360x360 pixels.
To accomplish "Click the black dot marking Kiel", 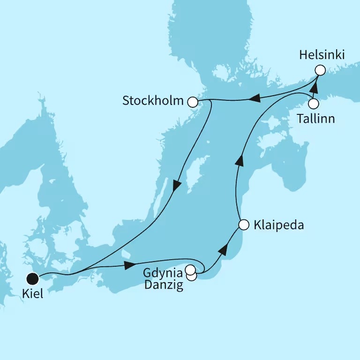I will [32, 279].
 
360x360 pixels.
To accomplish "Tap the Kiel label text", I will [32, 296].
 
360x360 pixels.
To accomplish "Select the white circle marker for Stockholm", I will [192, 102].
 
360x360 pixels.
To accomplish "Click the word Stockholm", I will [153, 101].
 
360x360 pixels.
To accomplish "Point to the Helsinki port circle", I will [320, 70].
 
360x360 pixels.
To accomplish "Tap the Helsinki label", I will [322, 55].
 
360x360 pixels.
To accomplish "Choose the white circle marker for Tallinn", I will [313, 103].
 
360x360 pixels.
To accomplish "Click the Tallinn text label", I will [316, 119].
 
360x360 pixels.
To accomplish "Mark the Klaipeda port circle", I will [243, 225].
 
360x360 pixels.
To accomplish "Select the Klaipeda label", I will [278, 225].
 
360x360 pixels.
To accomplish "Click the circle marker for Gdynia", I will [190, 270].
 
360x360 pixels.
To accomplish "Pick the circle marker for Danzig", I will [192, 276].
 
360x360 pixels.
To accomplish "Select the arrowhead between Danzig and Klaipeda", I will [224, 250].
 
